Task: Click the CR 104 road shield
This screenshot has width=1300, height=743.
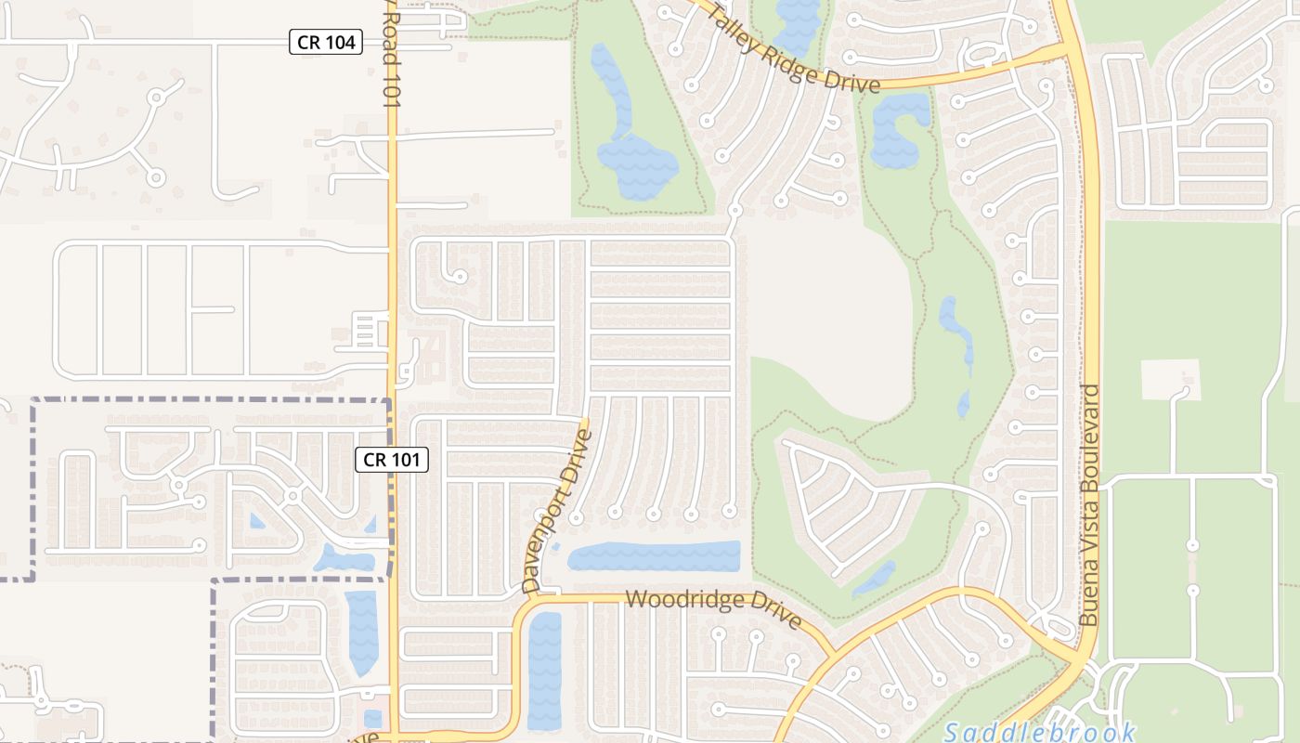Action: pyautogui.click(x=325, y=42)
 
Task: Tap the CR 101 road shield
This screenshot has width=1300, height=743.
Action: pyautogui.click(x=392, y=459)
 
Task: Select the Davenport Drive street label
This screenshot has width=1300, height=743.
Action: pyautogui.click(x=556, y=511)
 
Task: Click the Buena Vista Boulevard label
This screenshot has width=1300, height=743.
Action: pyautogui.click(x=1090, y=505)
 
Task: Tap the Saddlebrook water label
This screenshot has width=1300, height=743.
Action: pyautogui.click(x=1040, y=733)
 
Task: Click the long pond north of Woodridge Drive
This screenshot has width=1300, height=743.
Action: pyautogui.click(x=655, y=556)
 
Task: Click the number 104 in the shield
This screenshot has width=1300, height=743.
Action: pyautogui.click(x=338, y=42)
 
